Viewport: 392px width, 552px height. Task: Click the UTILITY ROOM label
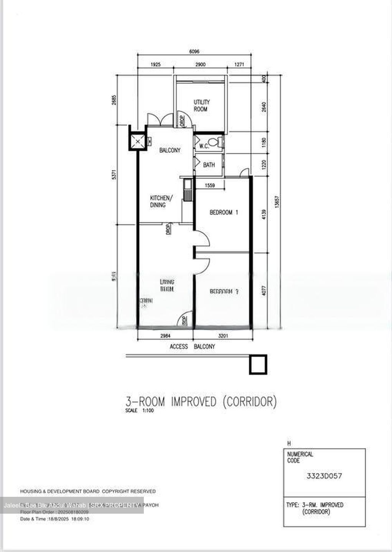click(x=201, y=106)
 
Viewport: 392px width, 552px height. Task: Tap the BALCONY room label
click(x=170, y=150)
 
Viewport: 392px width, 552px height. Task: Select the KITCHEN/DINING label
click(x=161, y=201)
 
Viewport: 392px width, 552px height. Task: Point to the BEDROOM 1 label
click(x=224, y=212)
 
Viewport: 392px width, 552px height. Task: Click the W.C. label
click(x=203, y=146)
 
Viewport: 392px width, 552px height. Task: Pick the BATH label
click(x=209, y=165)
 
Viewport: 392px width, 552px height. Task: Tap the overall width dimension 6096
click(x=194, y=52)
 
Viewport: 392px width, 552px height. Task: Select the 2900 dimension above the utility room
click(x=200, y=64)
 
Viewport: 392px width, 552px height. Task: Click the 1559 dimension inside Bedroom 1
click(x=209, y=186)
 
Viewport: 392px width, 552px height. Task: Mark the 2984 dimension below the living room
click(x=165, y=336)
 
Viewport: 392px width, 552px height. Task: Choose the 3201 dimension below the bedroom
click(x=223, y=336)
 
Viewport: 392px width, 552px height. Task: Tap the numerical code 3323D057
click(x=324, y=476)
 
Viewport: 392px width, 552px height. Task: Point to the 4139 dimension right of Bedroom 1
click(x=264, y=214)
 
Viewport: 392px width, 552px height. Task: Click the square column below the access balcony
click(x=258, y=364)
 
